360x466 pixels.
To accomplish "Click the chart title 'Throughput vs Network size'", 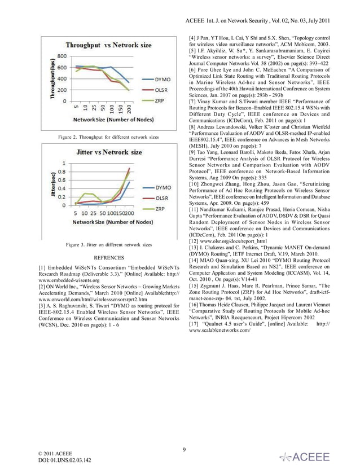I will click(x=108, y=45).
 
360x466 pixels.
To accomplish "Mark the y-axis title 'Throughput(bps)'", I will click(x=51, y=78).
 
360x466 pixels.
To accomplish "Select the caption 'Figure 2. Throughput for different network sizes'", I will click(x=108, y=137).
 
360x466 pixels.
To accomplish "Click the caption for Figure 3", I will click(x=108, y=245).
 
